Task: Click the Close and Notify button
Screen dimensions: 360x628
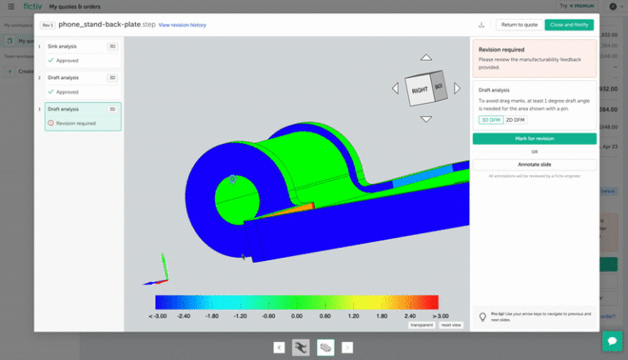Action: pyautogui.click(x=570, y=25)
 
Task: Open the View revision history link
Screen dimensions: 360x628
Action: pyautogui.click(x=182, y=25)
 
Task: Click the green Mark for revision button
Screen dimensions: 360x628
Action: pyautogui.click(x=534, y=139)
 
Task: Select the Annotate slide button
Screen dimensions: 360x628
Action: pyautogui.click(x=534, y=164)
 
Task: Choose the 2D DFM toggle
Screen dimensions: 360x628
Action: pyautogui.click(x=515, y=119)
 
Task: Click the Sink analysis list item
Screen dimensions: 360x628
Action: pyautogui.click(x=79, y=53)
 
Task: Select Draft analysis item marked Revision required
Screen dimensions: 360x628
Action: pyautogui.click(x=79, y=116)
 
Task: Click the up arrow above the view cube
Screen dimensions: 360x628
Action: pyautogui.click(x=425, y=58)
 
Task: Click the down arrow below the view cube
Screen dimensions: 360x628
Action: pyautogui.click(x=425, y=119)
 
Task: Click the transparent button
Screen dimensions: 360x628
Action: pyautogui.click(x=421, y=325)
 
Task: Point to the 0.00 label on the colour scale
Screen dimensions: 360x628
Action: pyautogui.click(x=297, y=315)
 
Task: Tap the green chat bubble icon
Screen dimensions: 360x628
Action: pyautogui.click(x=612, y=340)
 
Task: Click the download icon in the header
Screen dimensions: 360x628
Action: pyautogui.click(x=481, y=25)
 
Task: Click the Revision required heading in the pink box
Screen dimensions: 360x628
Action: pyautogui.click(x=501, y=50)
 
